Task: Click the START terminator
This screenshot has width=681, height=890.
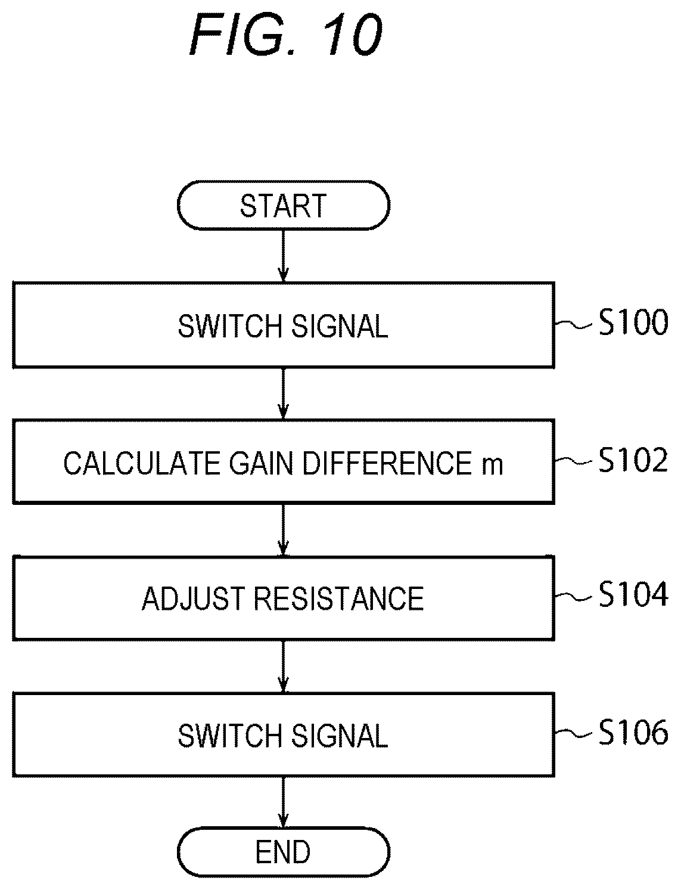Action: point(283,205)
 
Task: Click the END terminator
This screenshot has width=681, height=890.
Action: point(283,852)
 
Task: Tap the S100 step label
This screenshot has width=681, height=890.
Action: point(633,322)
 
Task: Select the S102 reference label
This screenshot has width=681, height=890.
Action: point(633,460)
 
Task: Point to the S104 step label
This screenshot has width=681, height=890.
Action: point(633,594)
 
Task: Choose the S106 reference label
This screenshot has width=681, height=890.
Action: point(633,733)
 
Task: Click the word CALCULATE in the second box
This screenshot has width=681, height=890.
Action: point(142,463)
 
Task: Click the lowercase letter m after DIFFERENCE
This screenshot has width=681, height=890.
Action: point(492,467)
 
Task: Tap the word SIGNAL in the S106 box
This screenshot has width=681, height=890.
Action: point(340,736)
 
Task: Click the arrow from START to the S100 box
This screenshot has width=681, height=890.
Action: point(283,256)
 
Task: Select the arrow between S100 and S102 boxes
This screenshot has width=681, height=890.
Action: point(283,393)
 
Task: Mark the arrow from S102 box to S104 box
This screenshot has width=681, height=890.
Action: point(283,530)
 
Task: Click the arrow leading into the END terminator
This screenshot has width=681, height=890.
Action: point(283,802)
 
